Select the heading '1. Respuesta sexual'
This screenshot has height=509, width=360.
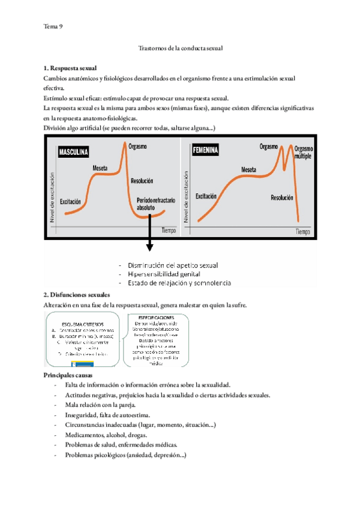(70, 68)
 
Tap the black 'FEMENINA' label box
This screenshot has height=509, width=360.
(205, 149)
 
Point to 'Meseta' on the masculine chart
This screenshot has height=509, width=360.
(100, 168)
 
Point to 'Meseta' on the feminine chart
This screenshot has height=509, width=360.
(249, 170)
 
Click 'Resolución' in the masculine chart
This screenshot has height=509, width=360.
(142, 180)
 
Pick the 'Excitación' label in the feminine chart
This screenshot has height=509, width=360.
(206, 196)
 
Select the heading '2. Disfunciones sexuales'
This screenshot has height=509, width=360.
(77, 295)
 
